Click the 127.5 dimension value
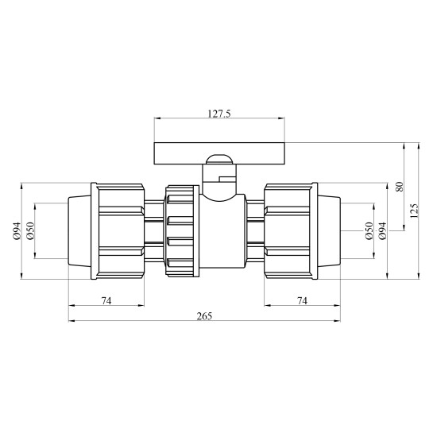pos(219,114)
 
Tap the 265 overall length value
pos(205,316)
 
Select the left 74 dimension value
pos(106,300)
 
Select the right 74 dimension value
pos(302,300)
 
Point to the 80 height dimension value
pos(400,187)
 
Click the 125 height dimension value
pos(414,211)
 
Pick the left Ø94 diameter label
pos(17,231)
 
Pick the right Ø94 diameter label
pos(382,231)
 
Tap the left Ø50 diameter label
pos(30,231)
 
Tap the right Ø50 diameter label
pos(369,231)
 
